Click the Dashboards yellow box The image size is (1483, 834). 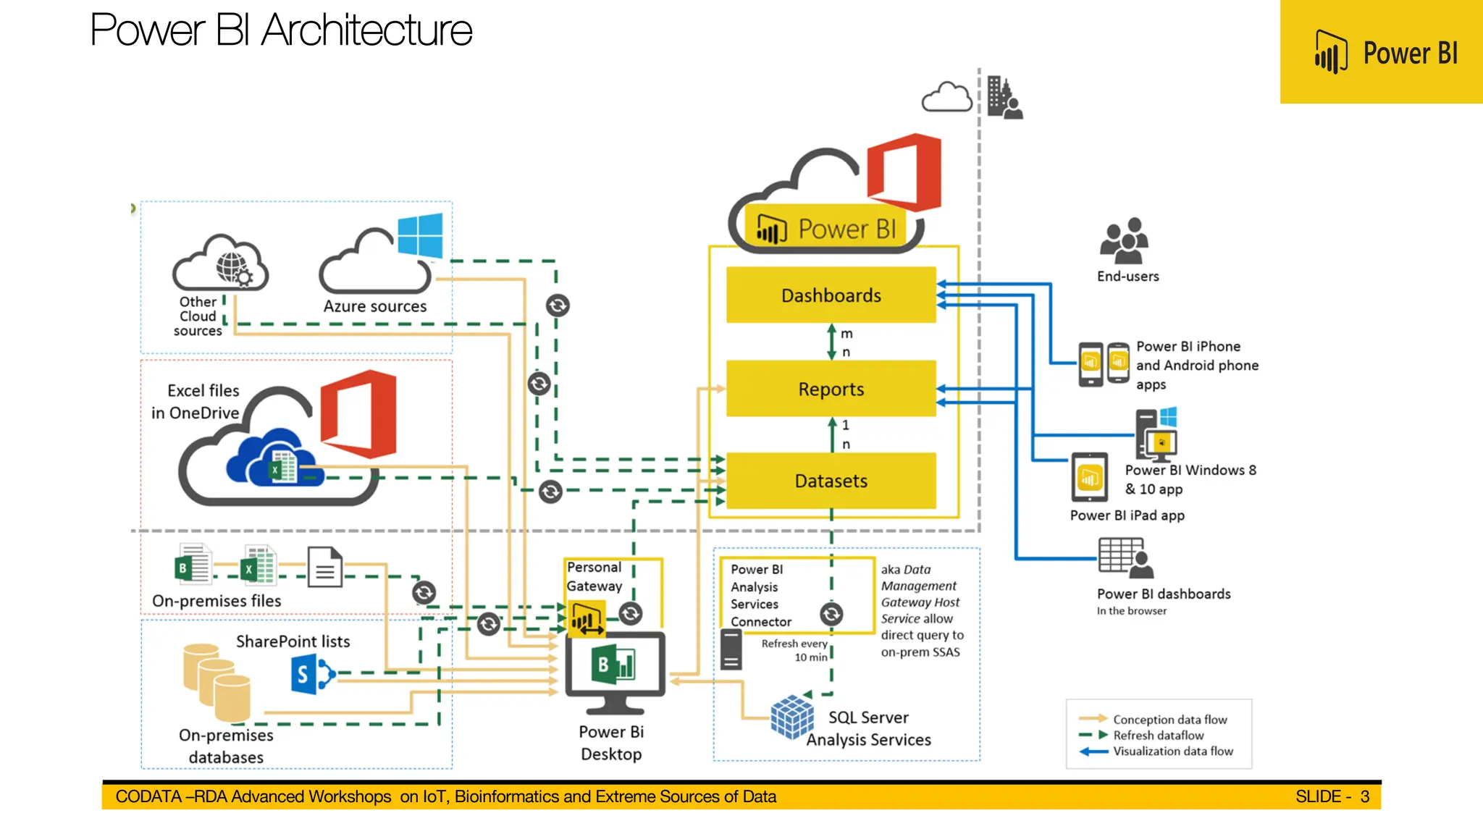[x=831, y=295]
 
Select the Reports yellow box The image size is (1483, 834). [x=831, y=389]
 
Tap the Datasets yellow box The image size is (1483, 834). [x=831, y=481]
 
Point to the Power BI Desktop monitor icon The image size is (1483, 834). [x=615, y=670]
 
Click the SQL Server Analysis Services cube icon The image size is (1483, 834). [x=791, y=717]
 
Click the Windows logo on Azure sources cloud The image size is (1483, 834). [x=420, y=235]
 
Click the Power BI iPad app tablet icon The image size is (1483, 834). [x=1089, y=477]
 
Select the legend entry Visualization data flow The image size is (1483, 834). [x=1172, y=751]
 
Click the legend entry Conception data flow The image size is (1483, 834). [x=1169, y=720]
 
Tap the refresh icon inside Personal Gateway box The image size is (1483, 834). [x=631, y=614]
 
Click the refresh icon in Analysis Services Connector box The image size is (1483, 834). [x=831, y=614]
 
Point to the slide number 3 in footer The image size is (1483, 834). [x=1364, y=796]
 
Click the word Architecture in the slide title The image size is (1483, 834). [x=366, y=30]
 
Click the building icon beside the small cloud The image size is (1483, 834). [x=1004, y=98]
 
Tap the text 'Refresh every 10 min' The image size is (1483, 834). [x=794, y=650]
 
